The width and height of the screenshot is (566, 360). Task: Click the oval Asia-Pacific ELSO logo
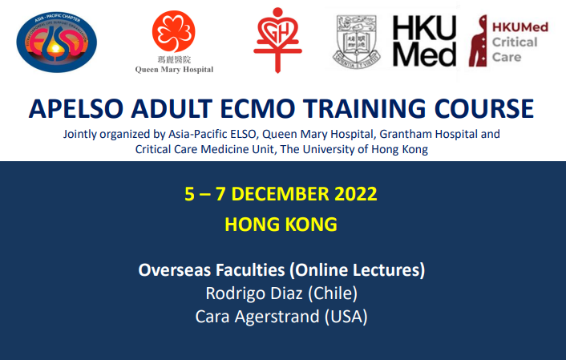click(57, 42)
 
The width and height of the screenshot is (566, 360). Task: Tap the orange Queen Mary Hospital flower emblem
click(174, 31)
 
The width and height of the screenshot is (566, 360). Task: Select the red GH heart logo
click(277, 40)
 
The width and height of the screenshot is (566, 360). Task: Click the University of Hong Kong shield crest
click(356, 42)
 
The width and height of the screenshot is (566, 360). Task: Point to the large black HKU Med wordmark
click(425, 41)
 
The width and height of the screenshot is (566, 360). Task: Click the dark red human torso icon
click(479, 41)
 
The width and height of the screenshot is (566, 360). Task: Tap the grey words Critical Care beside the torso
click(515, 50)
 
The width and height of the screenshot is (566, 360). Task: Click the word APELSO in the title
click(76, 108)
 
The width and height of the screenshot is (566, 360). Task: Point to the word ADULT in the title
click(172, 108)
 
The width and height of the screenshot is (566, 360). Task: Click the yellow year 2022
click(356, 194)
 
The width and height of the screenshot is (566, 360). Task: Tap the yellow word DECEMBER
click(280, 194)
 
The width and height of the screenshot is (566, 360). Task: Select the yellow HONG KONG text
click(281, 224)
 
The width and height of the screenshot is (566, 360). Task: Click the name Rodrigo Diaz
click(254, 293)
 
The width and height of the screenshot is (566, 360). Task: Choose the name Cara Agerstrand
click(257, 317)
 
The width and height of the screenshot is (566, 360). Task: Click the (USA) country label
click(346, 317)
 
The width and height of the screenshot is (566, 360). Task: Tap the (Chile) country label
click(333, 293)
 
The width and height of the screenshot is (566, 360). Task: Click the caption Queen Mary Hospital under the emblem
click(174, 69)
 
